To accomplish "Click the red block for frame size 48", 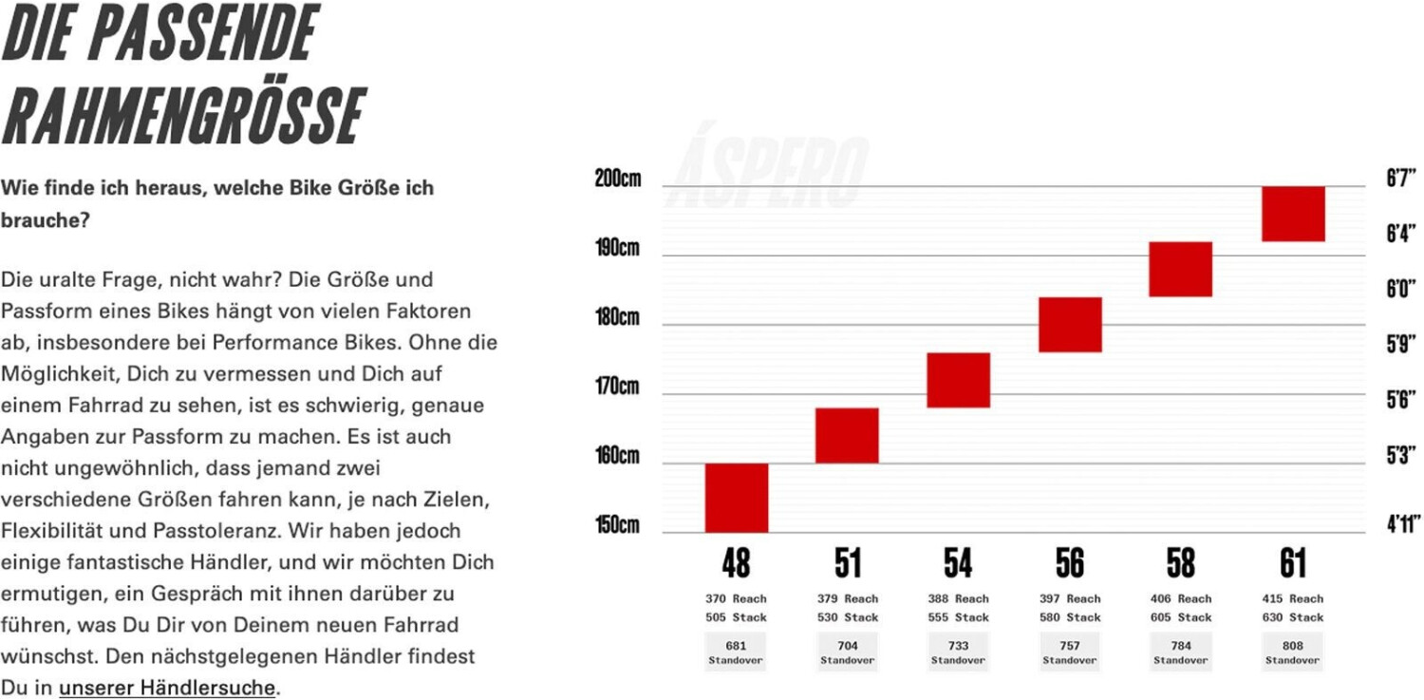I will pos(736,498).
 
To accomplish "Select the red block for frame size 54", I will pos(958,380).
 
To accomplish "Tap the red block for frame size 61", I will pos(1292,214).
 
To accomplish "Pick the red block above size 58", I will pos(1180,269).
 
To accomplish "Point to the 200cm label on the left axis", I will pos(618,180).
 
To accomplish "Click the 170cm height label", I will pos(618,387).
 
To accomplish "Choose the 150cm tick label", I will pos(618,525).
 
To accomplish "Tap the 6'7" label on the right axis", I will pos(1401,179).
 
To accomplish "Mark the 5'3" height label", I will pos(1401,456).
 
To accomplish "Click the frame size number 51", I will pos(847,564).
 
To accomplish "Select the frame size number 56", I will pos(1070,564).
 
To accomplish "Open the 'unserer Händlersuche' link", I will pos(166,688).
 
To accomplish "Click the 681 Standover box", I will pos(736,653).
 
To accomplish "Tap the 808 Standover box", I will pos(1292,653).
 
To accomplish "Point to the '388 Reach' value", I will pos(958,599).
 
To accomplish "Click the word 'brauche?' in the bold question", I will pos(45,219).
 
